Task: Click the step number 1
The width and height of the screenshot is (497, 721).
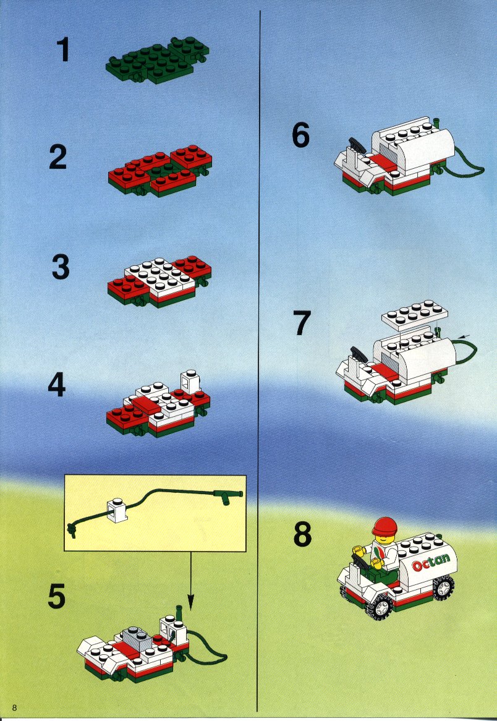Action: click(63, 50)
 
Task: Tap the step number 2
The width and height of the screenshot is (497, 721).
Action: click(58, 157)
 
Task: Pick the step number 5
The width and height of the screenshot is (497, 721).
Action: click(57, 595)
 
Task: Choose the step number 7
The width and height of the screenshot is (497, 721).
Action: click(302, 323)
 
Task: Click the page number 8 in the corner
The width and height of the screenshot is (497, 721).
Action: click(15, 707)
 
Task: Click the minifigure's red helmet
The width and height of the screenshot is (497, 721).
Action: click(384, 526)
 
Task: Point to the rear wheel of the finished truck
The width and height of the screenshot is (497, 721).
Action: click(444, 587)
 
